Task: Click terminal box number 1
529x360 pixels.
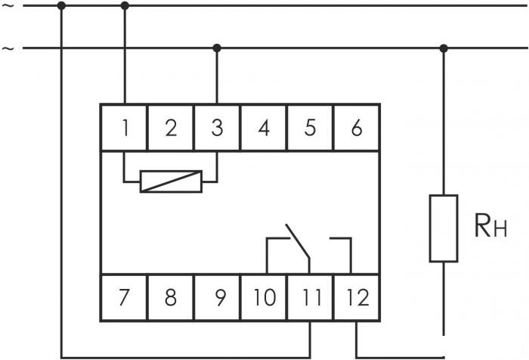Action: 125,128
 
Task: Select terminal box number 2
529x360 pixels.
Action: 171,128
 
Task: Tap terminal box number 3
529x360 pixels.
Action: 217,128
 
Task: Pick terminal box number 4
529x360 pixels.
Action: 264,128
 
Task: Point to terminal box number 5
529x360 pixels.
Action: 310,128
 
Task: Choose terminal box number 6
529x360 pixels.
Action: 357,128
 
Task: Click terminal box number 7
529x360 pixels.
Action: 125,297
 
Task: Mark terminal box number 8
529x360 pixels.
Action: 171,297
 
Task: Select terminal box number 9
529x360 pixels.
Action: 217,297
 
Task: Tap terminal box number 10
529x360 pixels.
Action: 264,297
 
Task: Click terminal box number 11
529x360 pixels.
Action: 310,297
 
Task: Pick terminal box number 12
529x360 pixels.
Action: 357,297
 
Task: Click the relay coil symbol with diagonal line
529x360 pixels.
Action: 171,182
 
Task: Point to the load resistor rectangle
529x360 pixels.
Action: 444,228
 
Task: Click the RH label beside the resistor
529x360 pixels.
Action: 491,225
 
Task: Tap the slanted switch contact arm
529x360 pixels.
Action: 298,241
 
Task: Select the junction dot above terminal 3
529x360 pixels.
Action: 217,48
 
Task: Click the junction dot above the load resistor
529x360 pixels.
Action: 444,48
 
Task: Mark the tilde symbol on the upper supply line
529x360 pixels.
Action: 8,6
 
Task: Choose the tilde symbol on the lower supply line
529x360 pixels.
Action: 8,48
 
